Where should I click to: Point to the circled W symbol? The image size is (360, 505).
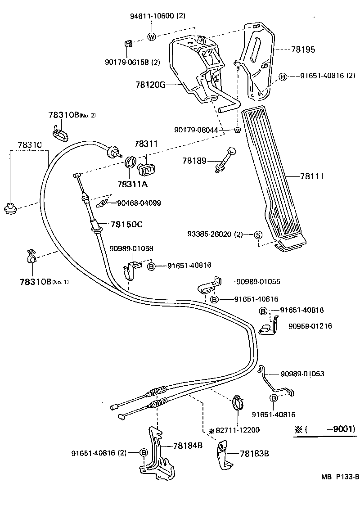pos(152,37)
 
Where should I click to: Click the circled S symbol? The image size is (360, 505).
pos(258,234)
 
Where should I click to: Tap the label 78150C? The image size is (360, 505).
pos(126,224)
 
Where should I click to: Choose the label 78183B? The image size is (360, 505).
pos(254,453)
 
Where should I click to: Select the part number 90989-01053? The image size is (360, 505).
pos(302,374)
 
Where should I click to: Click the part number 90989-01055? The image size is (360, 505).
pos(257,282)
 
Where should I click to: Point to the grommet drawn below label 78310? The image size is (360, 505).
pos(10,208)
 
